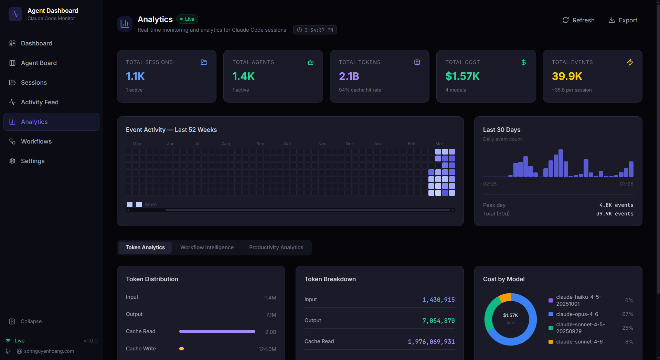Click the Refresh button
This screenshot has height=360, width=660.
click(578, 20)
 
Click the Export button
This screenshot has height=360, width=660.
click(623, 20)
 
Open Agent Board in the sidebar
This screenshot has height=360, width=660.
click(39, 63)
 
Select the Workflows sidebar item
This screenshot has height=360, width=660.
click(36, 141)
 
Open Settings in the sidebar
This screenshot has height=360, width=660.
click(33, 161)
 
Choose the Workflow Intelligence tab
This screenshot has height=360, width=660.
click(207, 247)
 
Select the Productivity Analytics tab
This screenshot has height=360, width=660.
click(276, 247)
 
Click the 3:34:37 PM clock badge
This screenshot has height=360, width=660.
click(315, 30)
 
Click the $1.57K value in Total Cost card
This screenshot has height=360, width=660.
click(462, 76)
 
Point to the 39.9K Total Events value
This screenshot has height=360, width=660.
click(567, 76)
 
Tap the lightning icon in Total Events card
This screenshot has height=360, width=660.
click(630, 62)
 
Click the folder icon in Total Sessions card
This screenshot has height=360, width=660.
click(204, 62)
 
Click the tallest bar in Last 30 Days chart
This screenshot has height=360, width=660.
click(561, 163)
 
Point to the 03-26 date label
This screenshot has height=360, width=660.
click(626, 184)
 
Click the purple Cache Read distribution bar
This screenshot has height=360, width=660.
click(217, 331)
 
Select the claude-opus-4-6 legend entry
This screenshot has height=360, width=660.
click(577, 314)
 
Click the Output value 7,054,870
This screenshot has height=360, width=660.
click(438, 321)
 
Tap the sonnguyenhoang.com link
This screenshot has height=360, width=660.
click(49, 351)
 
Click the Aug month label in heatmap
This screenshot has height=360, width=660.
click(226, 144)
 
